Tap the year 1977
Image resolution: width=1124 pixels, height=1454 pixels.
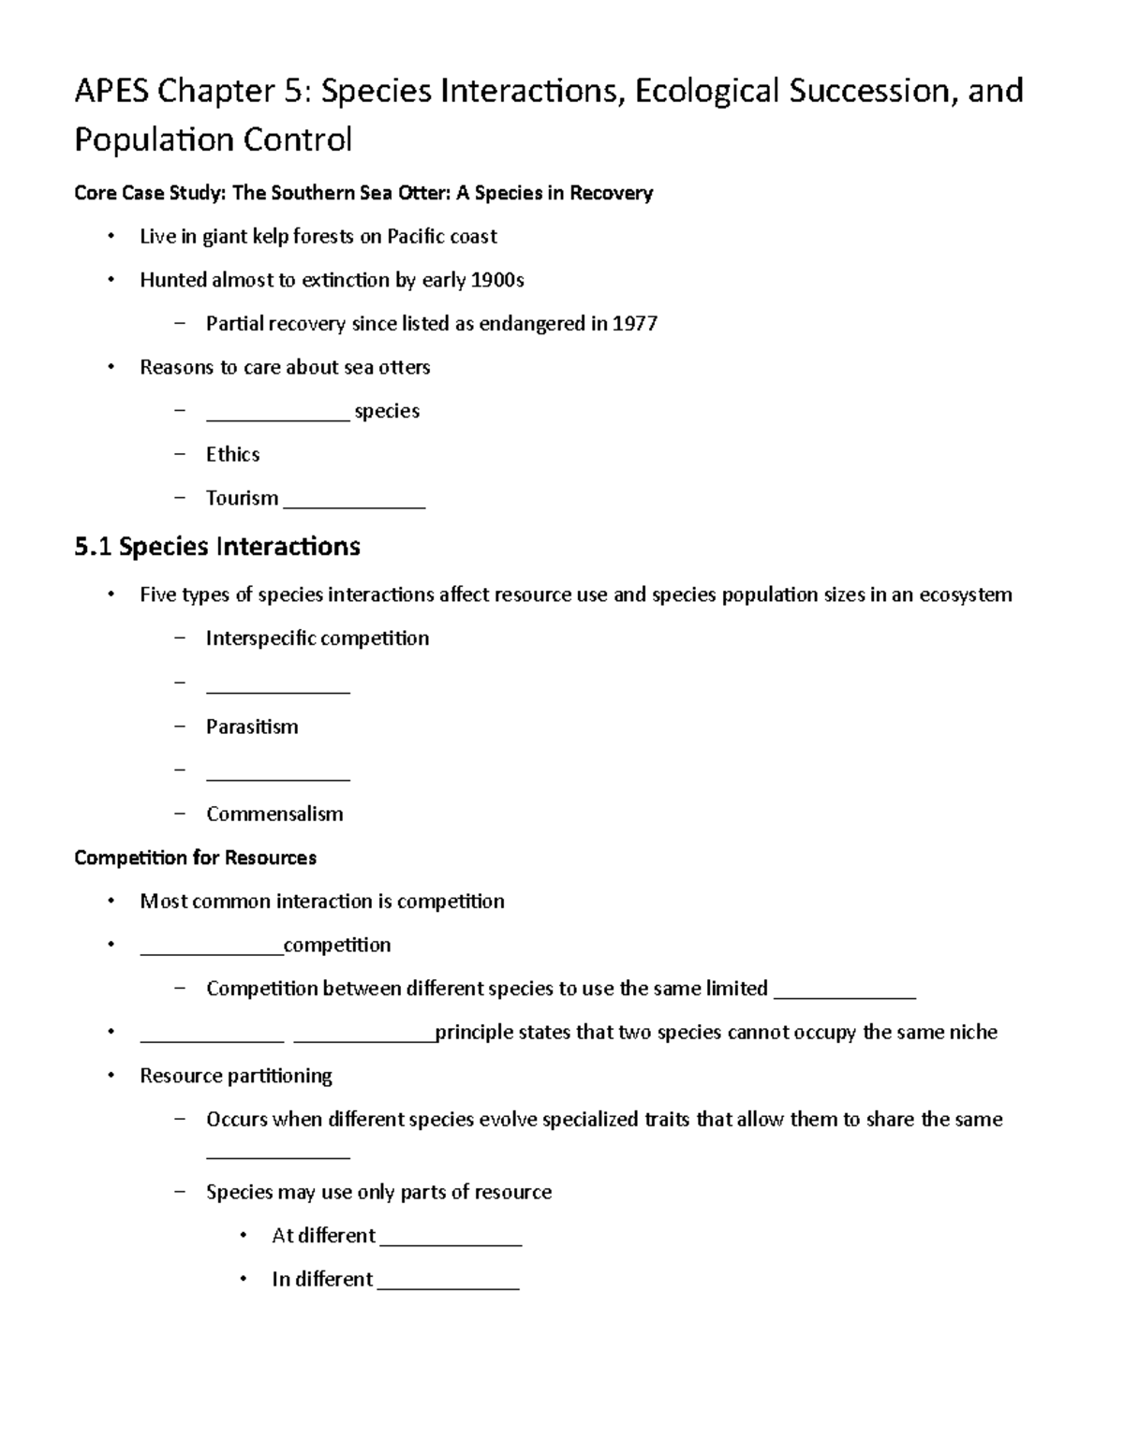(635, 324)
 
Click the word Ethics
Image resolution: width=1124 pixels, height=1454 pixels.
(232, 454)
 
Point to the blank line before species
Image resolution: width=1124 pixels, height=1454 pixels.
(277, 418)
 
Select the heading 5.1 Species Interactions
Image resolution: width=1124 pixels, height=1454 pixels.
(217, 546)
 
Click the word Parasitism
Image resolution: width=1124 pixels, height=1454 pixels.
(252, 727)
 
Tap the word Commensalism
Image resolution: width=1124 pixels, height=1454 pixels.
(274, 814)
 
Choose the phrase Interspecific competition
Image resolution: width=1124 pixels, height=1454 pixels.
(318, 639)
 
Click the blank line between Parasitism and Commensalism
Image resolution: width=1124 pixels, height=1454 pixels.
(277, 777)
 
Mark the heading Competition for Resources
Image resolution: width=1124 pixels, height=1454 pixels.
(195, 858)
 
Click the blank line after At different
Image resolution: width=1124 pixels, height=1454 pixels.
(451, 1243)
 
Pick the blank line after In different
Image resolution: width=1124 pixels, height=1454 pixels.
(448, 1286)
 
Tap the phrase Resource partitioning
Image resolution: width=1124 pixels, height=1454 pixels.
(236, 1076)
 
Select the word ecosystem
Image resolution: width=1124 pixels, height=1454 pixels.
(965, 595)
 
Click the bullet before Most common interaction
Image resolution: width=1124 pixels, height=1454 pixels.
(111, 901)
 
